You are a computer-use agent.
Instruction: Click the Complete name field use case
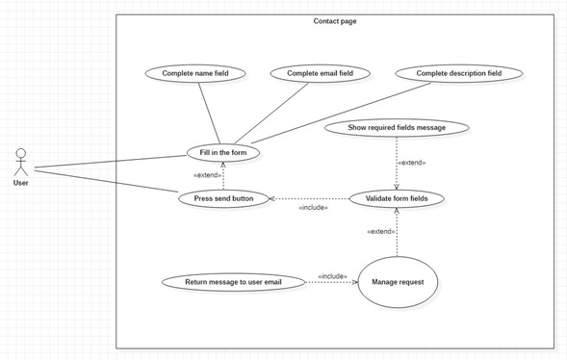coord(195,73)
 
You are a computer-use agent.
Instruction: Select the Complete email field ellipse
coord(320,73)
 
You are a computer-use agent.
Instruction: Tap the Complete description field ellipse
coord(459,73)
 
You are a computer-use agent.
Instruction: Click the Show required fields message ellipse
coord(397,128)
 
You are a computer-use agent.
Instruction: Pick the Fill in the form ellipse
coord(223,152)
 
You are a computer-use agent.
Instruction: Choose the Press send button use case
coord(223,198)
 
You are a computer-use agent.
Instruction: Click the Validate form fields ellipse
coord(397,198)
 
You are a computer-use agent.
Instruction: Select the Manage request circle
coord(398,282)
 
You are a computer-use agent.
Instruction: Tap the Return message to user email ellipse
coord(233,282)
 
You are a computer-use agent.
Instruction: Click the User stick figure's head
coord(21,153)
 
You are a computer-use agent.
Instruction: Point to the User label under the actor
coord(20,183)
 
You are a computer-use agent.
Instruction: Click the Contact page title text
coord(335,21)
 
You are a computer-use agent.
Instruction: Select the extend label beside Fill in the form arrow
coord(208,175)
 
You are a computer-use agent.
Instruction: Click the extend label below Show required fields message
coord(412,163)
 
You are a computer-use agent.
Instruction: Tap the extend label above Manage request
coord(381,231)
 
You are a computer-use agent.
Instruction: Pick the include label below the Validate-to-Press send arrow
coord(314,208)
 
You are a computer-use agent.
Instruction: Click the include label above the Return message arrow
coord(332,276)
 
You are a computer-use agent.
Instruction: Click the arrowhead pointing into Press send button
coord(271,198)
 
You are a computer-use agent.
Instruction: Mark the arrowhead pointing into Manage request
coord(355,282)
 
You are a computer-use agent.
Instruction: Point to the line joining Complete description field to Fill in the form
coord(341,114)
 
